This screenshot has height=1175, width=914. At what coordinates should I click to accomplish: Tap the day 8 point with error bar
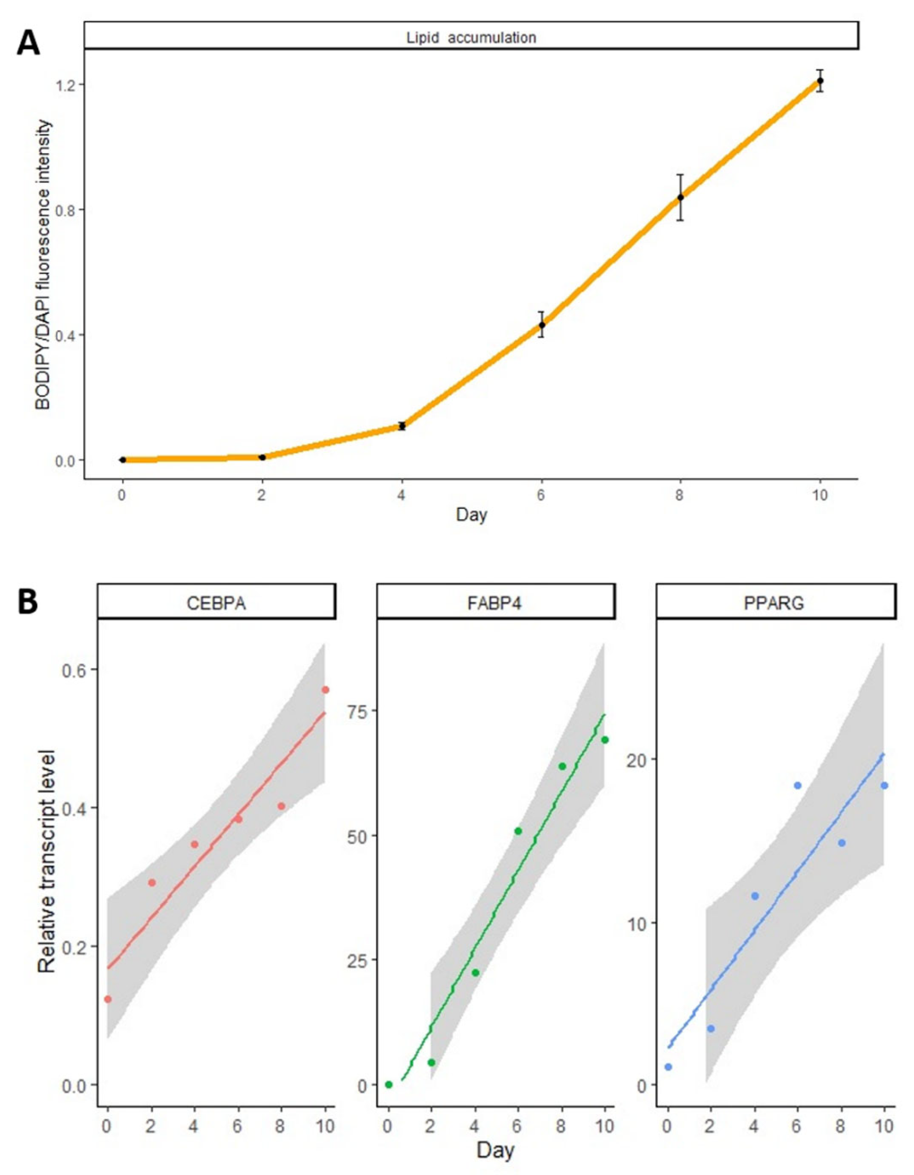(680, 197)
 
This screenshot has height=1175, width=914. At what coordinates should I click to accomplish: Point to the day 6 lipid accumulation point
(541, 325)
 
